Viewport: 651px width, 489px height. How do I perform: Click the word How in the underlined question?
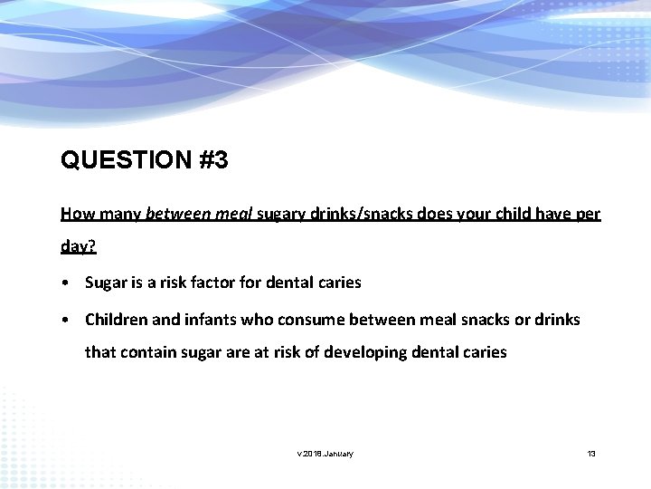(75, 214)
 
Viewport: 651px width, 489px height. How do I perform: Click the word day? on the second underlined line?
(78, 245)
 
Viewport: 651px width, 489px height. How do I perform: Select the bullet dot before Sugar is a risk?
(68, 283)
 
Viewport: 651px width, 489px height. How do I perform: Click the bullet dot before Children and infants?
(68, 320)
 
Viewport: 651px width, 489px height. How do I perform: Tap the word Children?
(118, 320)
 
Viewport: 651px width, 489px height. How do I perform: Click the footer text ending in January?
(325, 453)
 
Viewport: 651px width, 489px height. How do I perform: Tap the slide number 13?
(590, 453)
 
